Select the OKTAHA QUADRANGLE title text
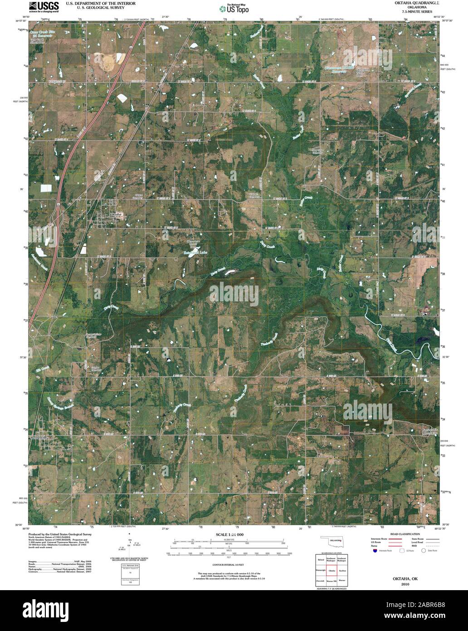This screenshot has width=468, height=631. tap(411, 3)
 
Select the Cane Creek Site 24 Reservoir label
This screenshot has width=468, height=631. tap(44, 35)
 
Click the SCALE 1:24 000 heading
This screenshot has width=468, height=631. tap(229, 535)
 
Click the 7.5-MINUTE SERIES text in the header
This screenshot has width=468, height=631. tap(411, 13)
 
